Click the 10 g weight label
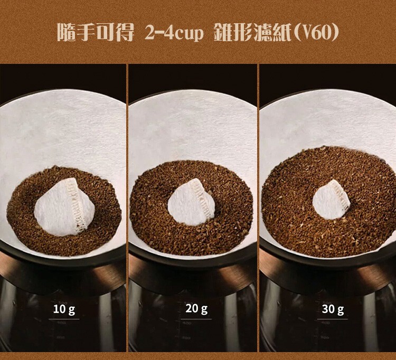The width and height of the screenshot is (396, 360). coord(64,309)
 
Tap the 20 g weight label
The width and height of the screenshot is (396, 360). coord(196,309)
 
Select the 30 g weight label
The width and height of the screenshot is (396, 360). coord(333,309)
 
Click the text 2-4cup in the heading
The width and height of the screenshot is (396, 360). coord(174,33)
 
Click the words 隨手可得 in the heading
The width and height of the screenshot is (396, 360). coord(95,33)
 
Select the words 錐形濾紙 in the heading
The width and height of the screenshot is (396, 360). coord(253,33)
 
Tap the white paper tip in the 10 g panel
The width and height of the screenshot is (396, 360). coord(64,207)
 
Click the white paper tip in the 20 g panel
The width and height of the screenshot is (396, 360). coord(191,201)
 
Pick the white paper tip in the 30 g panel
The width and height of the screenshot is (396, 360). coord(331,200)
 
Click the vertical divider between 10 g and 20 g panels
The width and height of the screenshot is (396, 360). coord(127,208)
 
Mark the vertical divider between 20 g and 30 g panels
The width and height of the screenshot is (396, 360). coord(258,208)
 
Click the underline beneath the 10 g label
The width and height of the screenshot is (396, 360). coord(64,319)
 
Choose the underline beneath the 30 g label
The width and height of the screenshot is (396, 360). coord(332,319)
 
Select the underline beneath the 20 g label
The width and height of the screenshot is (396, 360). coord(196,319)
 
